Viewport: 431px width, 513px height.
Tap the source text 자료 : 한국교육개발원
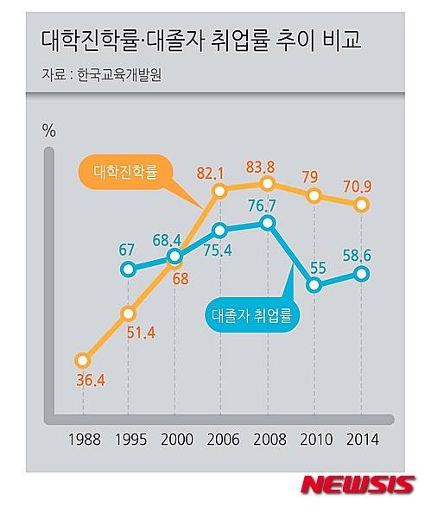pos(101,74)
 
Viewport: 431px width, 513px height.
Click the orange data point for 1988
pos(82,360)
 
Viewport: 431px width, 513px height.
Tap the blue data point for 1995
pos(128,269)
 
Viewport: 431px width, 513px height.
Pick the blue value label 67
pos(127,250)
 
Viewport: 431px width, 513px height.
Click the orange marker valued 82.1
pos(219,190)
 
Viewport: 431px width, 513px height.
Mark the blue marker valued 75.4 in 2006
pos(220,231)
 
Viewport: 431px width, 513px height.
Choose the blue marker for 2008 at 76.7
pos(267,224)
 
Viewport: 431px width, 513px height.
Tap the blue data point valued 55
pos(314,287)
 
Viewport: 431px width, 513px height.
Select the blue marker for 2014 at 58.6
pos(362,275)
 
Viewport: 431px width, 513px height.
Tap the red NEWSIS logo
pos(357,485)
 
